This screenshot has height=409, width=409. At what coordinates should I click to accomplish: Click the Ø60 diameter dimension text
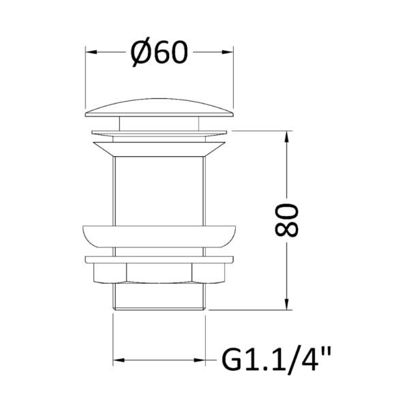[159, 52]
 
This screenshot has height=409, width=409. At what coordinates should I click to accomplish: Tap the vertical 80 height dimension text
[286, 220]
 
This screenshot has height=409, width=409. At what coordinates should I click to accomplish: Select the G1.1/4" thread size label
[276, 360]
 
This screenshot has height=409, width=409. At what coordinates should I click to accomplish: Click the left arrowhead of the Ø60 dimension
[91, 52]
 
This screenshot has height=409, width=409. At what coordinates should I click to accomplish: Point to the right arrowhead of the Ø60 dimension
[228, 52]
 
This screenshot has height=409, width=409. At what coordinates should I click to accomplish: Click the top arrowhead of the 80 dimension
[287, 136]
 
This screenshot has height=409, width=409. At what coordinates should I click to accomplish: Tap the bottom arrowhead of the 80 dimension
[287, 304]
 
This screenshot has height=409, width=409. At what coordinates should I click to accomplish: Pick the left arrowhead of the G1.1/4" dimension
[119, 360]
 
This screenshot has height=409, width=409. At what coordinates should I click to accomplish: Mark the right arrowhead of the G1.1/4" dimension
[200, 360]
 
